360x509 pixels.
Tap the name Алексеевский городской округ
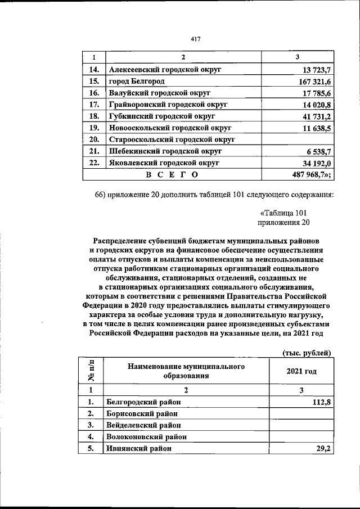[164, 70]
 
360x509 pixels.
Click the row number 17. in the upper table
[94, 105]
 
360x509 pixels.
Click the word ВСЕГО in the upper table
[172, 174]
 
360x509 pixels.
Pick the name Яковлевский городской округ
[164, 163]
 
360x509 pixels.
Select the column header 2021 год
[301, 372]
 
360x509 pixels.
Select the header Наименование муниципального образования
[186, 371]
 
